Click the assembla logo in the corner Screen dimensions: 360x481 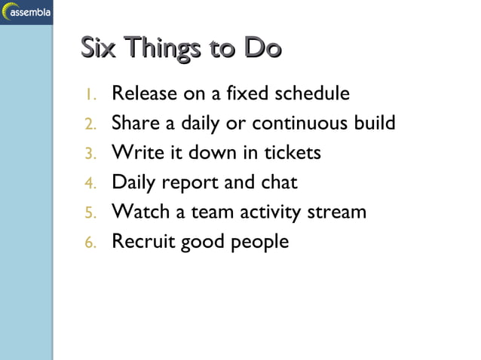[x=26, y=12]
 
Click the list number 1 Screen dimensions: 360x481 [x=89, y=95]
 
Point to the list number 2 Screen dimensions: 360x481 [x=89, y=124]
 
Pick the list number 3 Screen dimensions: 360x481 [x=89, y=154]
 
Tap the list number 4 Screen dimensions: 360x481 [x=89, y=183]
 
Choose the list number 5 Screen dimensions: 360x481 [x=89, y=212]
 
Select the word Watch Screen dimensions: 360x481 [x=141, y=212]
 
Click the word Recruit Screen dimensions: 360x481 [x=142, y=242]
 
